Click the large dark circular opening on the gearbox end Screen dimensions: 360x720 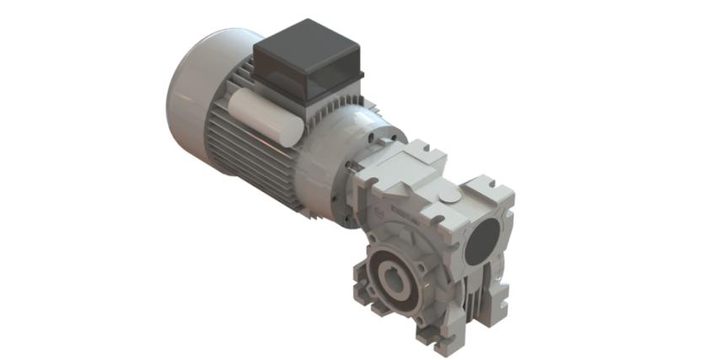tap(486, 241)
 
